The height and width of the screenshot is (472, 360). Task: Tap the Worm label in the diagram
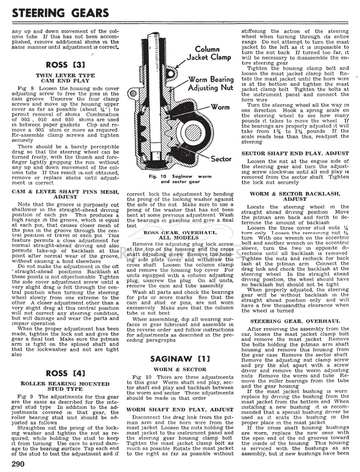pyautogui.click(x=220, y=107)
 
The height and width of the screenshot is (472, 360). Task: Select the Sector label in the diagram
pyautogui.click(x=221, y=159)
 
